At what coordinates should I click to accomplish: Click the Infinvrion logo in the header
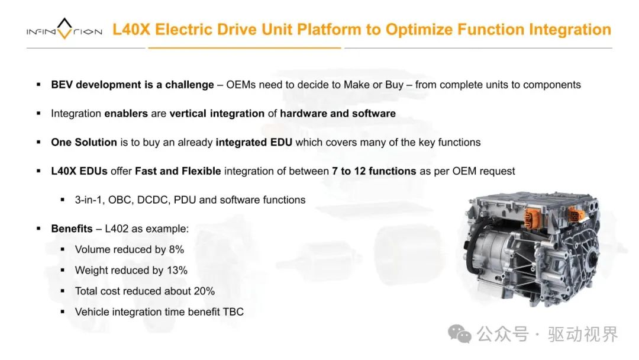point(64,30)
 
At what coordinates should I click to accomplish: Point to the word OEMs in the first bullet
point(241,85)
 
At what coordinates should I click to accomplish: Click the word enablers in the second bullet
point(126,113)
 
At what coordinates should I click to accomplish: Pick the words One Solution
point(84,142)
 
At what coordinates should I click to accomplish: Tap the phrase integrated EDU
point(254,142)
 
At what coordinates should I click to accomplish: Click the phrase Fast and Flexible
point(178,171)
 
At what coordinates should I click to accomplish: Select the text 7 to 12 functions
point(374,171)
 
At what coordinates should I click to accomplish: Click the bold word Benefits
point(72,229)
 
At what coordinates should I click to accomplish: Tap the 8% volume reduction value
point(176,249)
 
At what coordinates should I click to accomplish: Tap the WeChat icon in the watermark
point(460,334)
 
